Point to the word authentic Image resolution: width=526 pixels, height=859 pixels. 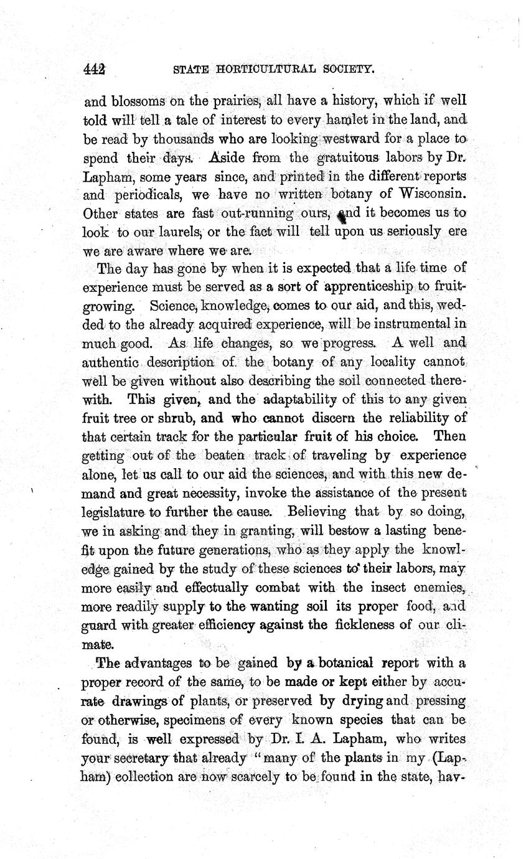click(x=107, y=362)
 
